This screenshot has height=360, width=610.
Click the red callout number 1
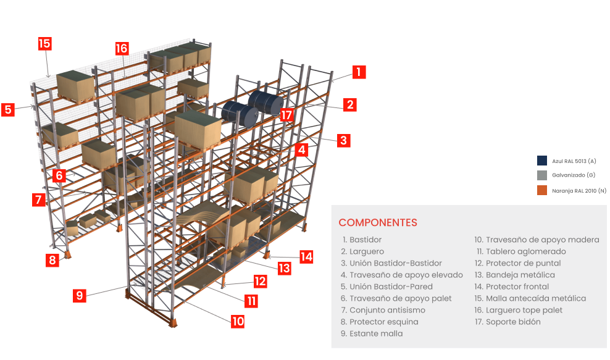[x=359, y=72]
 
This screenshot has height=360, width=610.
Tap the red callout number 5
[x=8, y=110]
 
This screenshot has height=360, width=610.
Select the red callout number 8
[x=52, y=260]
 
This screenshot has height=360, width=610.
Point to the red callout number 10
[x=238, y=321]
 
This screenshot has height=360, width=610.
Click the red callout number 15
[x=44, y=44]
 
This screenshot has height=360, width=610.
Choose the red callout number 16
[x=122, y=48]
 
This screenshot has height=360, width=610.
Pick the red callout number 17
[x=286, y=115]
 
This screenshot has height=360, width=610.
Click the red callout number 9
[x=79, y=295]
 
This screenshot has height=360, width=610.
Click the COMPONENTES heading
[x=378, y=222]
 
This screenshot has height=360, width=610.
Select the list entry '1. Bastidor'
[x=362, y=240]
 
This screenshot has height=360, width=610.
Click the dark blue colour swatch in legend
[x=542, y=161]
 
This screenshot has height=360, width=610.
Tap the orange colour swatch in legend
[x=542, y=190]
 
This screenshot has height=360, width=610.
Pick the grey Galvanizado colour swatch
[x=542, y=175]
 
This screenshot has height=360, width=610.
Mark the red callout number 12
[x=261, y=282]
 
